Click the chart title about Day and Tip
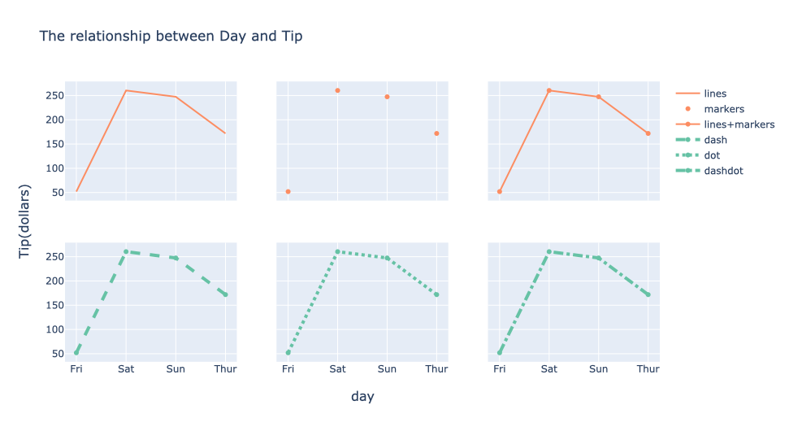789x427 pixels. pos(171,37)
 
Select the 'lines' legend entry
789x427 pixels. pos(715,94)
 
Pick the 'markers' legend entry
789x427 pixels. pos(724,109)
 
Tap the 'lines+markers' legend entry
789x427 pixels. pos(739,124)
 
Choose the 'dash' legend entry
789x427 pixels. pos(715,140)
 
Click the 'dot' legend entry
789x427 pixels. pos(712,155)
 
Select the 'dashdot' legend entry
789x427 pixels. pos(723,171)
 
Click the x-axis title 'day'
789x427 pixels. pos(362,397)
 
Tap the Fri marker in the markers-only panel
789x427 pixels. pos(288,192)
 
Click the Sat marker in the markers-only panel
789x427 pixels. pos(337,90)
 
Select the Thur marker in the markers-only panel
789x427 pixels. pos(436,133)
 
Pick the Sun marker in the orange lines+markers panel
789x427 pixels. pos(598,97)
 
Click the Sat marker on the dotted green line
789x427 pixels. pos(337,251)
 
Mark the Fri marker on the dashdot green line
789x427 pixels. pos(500,353)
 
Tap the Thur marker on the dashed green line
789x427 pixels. pos(225,294)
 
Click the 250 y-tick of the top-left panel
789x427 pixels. pos(54,95)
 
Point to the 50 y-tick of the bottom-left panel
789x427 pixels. pos(57,354)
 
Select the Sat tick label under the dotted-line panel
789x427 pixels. pos(337,369)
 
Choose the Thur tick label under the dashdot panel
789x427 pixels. pos(648,369)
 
